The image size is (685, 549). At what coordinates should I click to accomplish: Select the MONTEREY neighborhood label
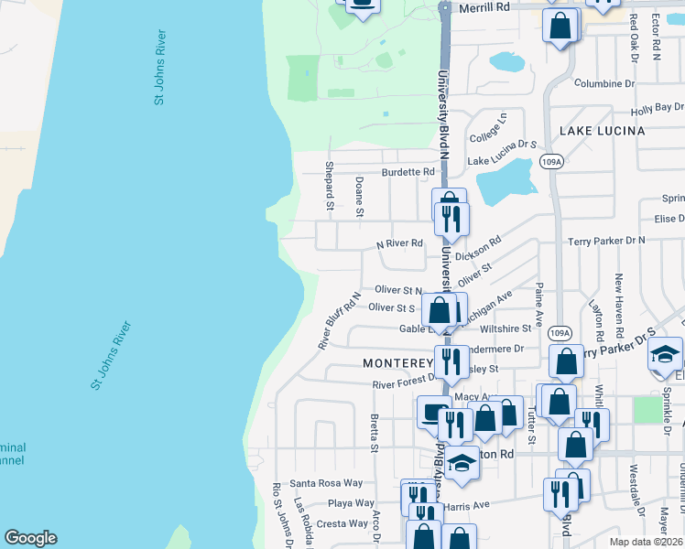tap(397, 363)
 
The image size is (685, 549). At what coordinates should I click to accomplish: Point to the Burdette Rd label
tap(408, 172)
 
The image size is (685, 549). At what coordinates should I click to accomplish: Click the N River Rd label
tap(400, 243)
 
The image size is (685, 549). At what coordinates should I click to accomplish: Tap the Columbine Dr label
tap(604, 84)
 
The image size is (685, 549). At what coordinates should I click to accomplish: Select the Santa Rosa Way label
tap(326, 483)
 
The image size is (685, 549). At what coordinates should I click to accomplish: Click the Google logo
tap(30, 538)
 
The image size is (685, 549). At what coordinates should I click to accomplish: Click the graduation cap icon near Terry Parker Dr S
tap(666, 355)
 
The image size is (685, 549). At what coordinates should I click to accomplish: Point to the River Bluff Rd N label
tap(339, 320)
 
